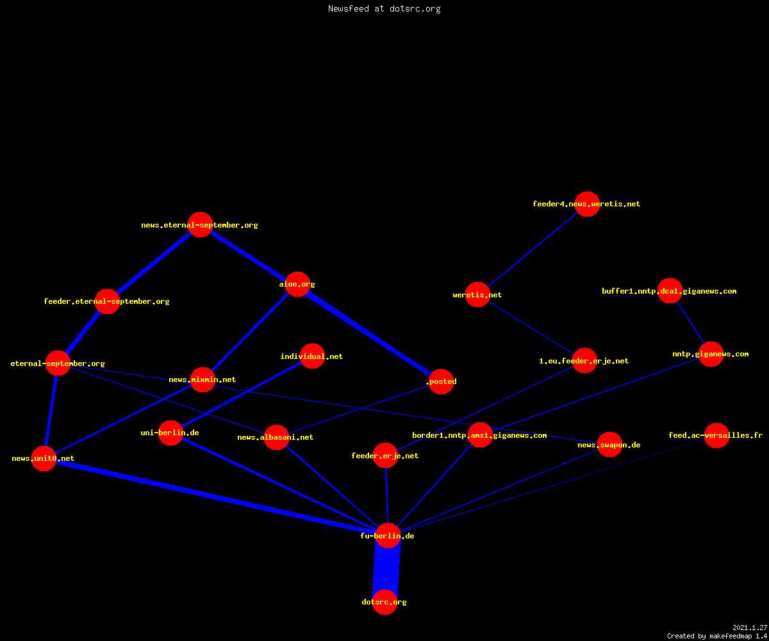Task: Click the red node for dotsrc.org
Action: point(385,602)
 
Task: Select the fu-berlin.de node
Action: point(388,536)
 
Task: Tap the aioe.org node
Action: point(297,284)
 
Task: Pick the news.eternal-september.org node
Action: point(201,225)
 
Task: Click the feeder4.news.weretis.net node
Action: point(588,204)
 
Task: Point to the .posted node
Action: point(442,381)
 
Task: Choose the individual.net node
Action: point(312,356)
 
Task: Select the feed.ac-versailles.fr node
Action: point(716,435)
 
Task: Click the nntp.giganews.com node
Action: point(711,354)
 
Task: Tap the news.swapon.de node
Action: point(610,445)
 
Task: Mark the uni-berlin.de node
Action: point(170,433)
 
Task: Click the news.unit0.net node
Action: point(44,459)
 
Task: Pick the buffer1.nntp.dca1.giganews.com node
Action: point(670,290)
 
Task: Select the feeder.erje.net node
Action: point(386,456)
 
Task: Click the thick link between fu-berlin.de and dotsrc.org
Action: point(386,569)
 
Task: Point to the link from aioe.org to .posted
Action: point(369,333)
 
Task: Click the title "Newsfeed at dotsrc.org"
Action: point(384,9)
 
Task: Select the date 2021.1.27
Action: point(750,628)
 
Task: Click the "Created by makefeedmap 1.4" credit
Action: point(717,637)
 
